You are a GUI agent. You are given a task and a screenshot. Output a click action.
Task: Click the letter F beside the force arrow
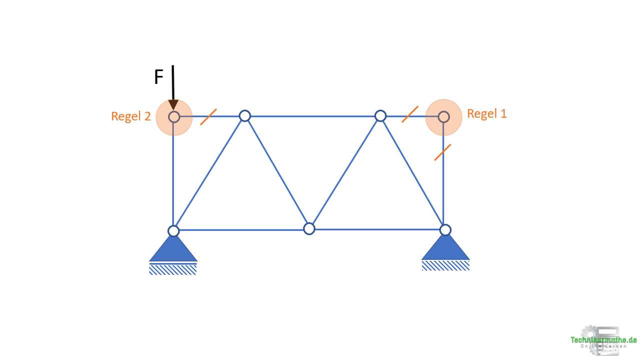click(x=158, y=77)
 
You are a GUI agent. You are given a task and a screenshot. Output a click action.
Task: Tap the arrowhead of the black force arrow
click(x=173, y=105)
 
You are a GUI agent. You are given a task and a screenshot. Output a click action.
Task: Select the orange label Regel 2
click(x=130, y=116)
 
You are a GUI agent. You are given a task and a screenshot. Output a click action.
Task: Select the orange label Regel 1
click(x=486, y=114)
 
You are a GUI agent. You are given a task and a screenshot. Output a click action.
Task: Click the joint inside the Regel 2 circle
click(x=173, y=117)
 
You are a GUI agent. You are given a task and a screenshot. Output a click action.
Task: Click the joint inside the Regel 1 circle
click(x=443, y=117)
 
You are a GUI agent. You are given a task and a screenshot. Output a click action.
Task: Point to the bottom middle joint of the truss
click(x=309, y=229)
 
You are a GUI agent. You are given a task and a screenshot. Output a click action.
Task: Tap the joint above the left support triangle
click(x=173, y=231)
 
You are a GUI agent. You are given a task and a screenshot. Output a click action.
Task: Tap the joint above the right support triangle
click(x=445, y=230)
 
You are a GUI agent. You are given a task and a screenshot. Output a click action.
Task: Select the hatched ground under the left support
click(x=173, y=270)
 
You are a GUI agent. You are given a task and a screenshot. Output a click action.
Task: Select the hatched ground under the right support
click(x=445, y=266)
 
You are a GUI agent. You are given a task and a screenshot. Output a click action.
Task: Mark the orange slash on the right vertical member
click(x=442, y=152)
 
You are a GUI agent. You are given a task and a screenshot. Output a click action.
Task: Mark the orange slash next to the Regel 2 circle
click(x=208, y=117)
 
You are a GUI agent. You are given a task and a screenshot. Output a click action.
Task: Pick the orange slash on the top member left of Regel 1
click(x=410, y=114)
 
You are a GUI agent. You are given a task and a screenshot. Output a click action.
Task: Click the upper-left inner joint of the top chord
click(x=244, y=116)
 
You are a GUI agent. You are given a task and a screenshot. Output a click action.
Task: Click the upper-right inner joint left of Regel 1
click(x=380, y=116)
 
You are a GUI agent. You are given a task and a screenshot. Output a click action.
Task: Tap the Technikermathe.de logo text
click(x=603, y=340)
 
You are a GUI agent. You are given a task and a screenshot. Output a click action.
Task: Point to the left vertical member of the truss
click(x=173, y=175)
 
